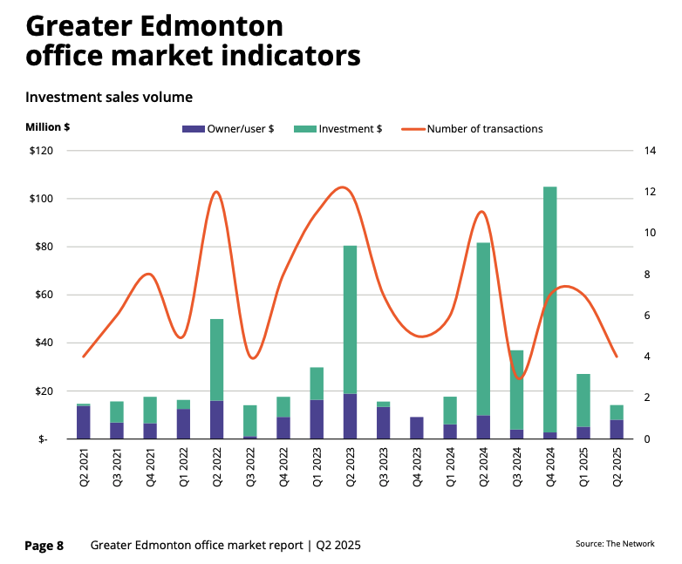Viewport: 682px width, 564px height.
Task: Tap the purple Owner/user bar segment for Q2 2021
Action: point(83,423)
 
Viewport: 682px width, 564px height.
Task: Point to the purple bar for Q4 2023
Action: point(417,428)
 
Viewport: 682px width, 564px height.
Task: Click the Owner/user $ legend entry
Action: point(228,129)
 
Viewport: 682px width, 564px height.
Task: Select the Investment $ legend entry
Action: point(339,129)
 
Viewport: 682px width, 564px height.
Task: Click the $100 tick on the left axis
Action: point(41,199)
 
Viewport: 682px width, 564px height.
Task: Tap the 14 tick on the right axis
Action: point(650,151)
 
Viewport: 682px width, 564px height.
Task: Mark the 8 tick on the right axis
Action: point(647,275)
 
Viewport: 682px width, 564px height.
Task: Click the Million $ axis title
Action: point(48,127)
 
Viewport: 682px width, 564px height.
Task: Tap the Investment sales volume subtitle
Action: point(109,97)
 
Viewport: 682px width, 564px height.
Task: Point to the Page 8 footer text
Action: point(44,546)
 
